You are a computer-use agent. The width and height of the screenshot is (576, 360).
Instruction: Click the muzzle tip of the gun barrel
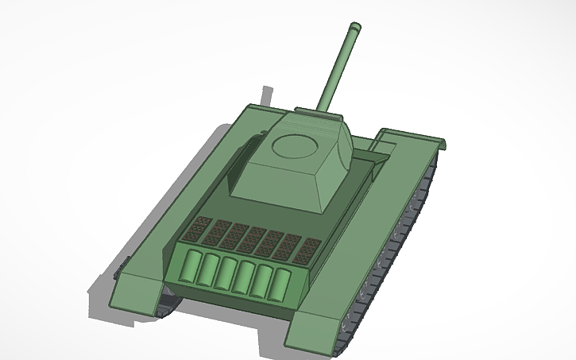(352, 29)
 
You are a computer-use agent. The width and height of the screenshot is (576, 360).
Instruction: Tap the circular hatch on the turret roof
(293, 145)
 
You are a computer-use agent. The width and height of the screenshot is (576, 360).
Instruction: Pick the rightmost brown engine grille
(307, 251)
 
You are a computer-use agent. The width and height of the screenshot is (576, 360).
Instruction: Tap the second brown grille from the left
(217, 233)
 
